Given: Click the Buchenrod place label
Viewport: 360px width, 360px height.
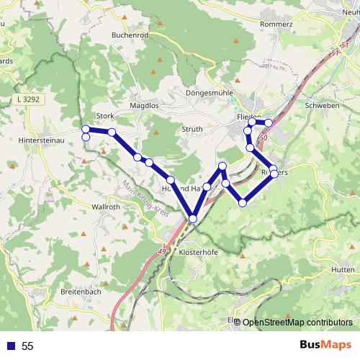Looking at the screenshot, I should point(130,34).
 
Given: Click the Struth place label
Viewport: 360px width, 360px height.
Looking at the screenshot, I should point(192,128).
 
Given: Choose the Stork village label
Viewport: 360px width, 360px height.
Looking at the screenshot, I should point(105,116).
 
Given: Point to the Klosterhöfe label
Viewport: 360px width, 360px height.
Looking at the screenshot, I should point(196,253).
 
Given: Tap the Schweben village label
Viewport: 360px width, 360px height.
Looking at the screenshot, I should point(322,105).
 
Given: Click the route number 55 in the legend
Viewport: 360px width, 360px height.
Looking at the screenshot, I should point(27,346).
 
